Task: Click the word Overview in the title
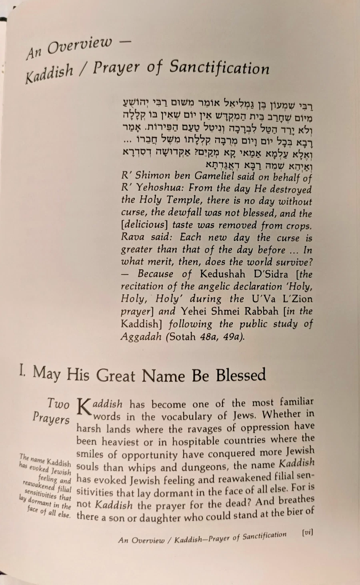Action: tap(80, 47)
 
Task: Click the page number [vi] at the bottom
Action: tap(307, 532)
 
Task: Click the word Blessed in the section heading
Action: tap(241, 375)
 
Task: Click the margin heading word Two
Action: tap(58, 403)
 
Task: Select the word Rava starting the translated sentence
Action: tap(133, 237)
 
